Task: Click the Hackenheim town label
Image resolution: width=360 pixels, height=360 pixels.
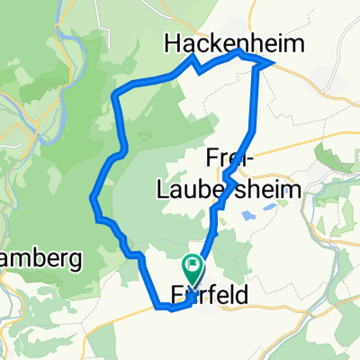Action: (x=232, y=43)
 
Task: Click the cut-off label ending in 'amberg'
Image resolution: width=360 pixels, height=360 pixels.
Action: (x=40, y=259)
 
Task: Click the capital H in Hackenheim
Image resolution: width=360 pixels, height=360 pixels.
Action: (x=172, y=43)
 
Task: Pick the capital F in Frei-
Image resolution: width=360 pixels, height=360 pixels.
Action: (x=213, y=155)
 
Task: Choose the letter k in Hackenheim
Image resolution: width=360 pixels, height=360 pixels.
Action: (x=215, y=43)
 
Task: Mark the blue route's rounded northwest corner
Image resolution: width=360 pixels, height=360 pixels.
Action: (x=113, y=94)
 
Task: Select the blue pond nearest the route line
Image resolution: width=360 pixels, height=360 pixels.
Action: (x=247, y=215)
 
